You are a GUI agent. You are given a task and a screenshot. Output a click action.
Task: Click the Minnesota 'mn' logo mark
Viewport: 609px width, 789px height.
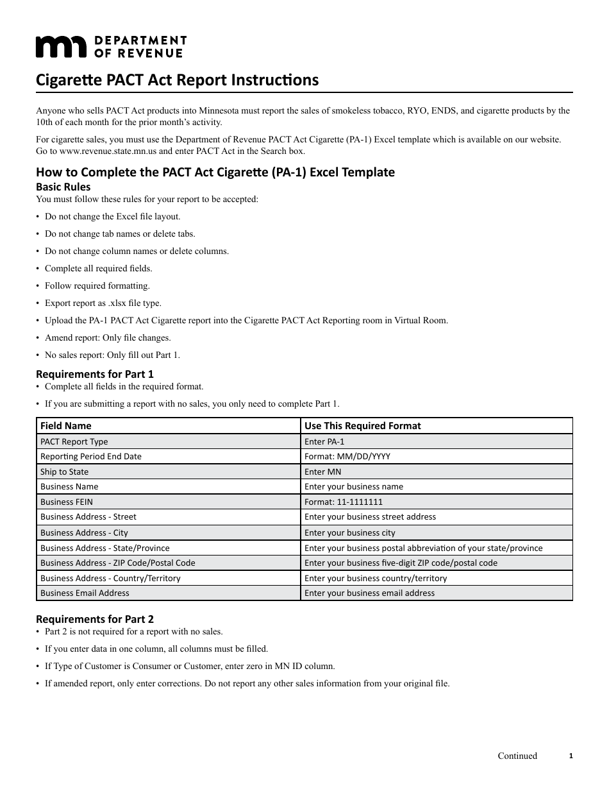(60, 47)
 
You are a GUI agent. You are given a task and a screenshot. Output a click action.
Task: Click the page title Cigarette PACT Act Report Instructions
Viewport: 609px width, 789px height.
(177, 80)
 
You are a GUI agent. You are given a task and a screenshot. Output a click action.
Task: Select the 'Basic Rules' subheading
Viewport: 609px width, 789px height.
(63, 187)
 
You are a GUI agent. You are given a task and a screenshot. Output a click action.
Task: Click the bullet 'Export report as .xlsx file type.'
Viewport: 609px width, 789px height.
(103, 303)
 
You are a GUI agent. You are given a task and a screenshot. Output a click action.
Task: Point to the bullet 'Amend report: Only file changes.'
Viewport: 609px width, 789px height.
(108, 337)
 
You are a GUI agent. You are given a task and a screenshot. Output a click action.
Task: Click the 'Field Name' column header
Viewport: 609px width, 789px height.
(66, 426)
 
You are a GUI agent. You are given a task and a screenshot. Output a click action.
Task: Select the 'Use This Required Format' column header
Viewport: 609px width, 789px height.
(363, 426)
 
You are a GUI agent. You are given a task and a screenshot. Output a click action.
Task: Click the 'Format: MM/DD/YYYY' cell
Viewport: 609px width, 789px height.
(347, 456)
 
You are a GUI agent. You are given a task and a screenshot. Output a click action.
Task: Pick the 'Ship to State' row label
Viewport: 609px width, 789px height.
(64, 471)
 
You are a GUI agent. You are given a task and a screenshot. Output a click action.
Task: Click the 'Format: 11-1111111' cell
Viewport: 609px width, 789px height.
(344, 502)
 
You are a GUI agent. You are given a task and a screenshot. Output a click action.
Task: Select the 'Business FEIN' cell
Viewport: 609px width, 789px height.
(67, 502)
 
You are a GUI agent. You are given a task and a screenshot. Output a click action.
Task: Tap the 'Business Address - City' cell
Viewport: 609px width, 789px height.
(84, 532)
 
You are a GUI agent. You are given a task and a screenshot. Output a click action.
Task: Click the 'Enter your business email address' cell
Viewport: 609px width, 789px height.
(369, 593)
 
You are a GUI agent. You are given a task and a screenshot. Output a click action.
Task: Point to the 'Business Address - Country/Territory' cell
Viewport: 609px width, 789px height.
(110, 578)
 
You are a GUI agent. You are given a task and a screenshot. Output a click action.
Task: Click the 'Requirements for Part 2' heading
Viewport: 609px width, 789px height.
(95, 619)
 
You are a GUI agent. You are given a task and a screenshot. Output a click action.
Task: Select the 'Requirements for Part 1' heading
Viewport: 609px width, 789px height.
(95, 373)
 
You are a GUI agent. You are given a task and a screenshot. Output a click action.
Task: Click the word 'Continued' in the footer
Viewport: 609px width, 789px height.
(517, 756)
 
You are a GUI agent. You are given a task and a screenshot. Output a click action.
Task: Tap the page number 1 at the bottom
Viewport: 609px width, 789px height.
(571, 756)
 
